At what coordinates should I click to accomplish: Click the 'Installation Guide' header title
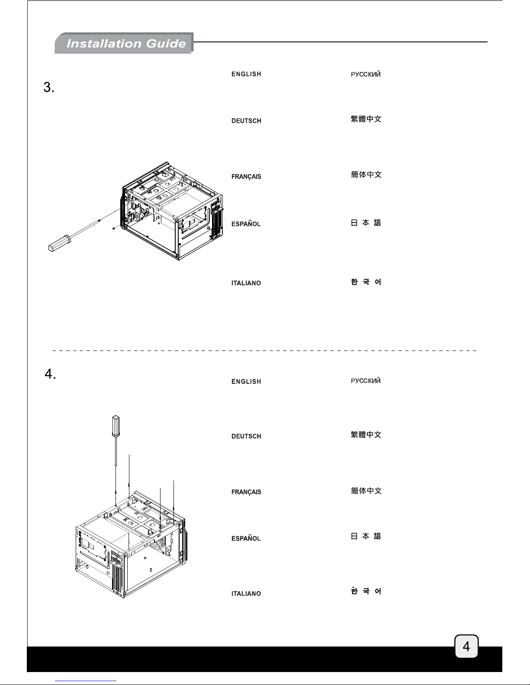click(126, 44)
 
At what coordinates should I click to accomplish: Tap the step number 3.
click(49, 87)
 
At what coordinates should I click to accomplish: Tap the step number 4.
click(50, 374)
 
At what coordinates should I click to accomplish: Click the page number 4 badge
click(466, 646)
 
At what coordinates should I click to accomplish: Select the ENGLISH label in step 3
click(246, 74)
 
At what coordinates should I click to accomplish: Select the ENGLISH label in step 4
click(246, 382)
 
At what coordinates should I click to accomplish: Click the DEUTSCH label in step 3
click(246, 121)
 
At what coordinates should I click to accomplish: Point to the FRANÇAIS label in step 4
click(246, 492)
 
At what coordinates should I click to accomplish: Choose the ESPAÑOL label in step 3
click(246, 223)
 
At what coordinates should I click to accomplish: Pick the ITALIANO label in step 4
click(246, 593)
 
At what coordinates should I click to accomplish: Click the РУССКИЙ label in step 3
click(366, 74)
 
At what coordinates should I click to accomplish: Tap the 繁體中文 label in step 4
click(366, 435)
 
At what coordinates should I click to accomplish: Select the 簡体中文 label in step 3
click(366, 175)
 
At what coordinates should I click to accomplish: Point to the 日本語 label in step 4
click(366, 536)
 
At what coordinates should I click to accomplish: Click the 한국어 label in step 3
click(366, 282)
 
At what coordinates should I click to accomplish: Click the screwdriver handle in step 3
click(59, 243)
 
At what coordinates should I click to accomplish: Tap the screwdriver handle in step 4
click(116, 426)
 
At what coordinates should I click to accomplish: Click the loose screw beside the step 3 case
click(113, 228)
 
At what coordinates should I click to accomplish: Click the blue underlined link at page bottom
click(86, 681)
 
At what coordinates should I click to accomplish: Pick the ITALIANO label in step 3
click(246, 283)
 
